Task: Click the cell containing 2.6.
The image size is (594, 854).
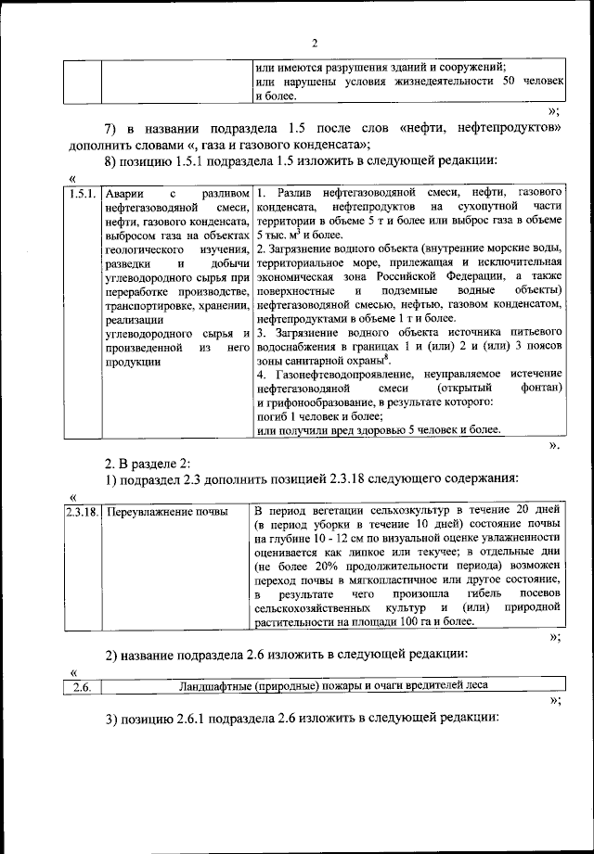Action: pyautogui.click(x=81, y=685)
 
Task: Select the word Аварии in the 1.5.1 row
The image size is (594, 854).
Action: pyautogui.click(x=123, y=193)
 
